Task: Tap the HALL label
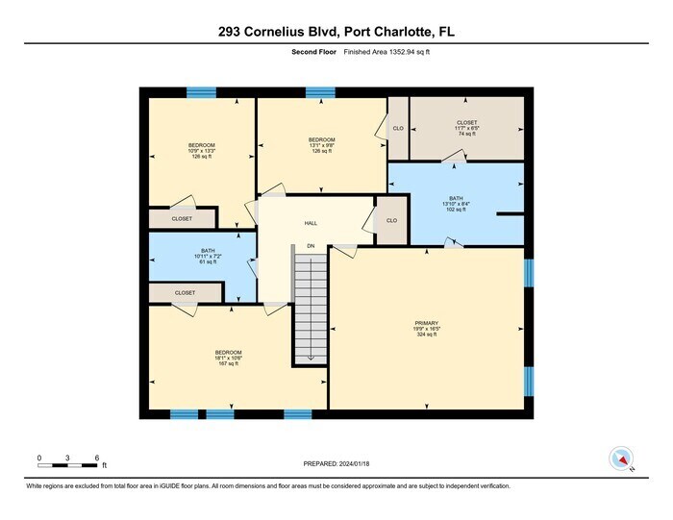(x=311, y=223)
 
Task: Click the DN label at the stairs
(x=311, y=246)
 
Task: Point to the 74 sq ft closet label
(x=466, y=128)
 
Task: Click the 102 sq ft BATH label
(x=455, y=204)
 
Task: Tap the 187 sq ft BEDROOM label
(x=228, y=358)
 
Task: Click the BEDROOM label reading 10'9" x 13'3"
(x=174, y=151)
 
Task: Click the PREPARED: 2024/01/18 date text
(x=336, y=462)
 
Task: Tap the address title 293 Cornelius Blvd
(x=336, y=33)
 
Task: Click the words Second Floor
(x=313, y=52)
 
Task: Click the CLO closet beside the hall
(x=391, y=220)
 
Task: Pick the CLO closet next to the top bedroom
(x=398, y=127)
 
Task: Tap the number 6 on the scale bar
(x=97, y=457)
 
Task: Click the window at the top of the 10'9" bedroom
(x=201, y=92)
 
